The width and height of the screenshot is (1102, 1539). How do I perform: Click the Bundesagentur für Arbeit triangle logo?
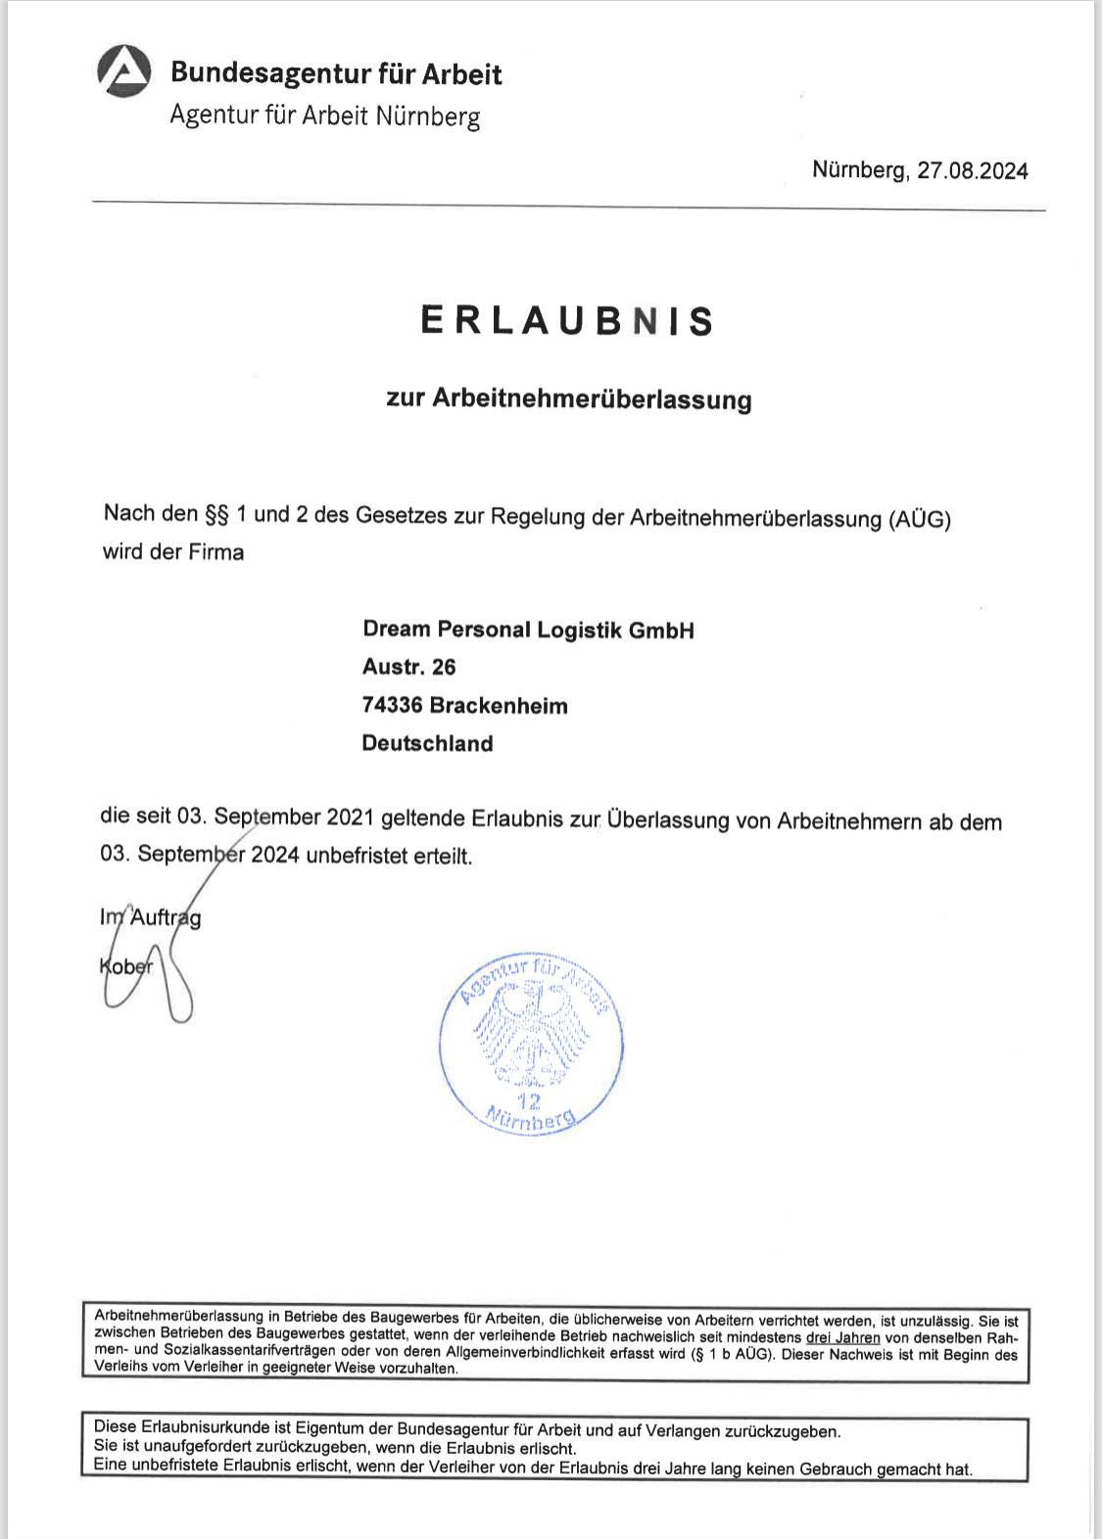click(124, 73)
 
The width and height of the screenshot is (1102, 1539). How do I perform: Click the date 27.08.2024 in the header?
click(973, 171)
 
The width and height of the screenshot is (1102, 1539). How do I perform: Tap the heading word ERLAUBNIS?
click(567, 321)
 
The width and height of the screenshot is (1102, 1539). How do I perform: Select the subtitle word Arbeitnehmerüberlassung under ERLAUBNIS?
click(592, 399)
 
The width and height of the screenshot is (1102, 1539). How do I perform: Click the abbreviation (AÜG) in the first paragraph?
click(920, 519)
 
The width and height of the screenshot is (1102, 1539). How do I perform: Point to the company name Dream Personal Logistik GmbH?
click(528, 630)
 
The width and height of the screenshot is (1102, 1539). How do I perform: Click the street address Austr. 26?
click(408, 668)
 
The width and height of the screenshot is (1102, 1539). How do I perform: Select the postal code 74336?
click(391, 706)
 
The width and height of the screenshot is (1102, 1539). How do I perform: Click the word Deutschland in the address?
click(427, 744)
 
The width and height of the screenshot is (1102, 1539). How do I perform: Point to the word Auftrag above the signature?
click(166, 918)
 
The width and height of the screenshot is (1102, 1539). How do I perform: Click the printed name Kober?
click(126, 965)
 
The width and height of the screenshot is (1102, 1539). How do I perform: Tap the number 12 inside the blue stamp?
click(529, 1100)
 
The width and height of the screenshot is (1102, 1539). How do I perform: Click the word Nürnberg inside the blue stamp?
click(531, 1119)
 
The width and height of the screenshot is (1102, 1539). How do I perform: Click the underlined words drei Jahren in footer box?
click(842, 1337)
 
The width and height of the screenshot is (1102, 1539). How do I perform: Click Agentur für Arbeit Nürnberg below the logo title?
click(324, 116)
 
